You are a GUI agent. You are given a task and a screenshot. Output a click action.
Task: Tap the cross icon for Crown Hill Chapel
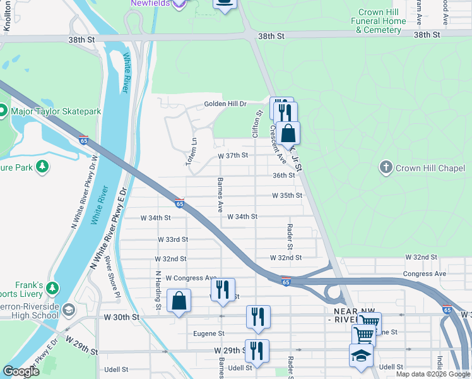point(386,167)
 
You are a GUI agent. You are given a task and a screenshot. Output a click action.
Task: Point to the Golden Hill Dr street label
point(225,104)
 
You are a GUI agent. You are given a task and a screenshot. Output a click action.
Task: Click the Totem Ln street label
point(192,152)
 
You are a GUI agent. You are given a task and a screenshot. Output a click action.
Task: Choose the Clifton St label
point(257,124)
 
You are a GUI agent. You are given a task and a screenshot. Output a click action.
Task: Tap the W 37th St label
point(233,155)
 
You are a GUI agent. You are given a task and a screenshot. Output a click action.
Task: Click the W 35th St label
point(287,196)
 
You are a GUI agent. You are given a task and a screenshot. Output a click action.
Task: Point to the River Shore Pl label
point(112,276)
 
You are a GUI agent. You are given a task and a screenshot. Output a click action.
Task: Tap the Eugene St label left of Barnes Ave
point(212,334)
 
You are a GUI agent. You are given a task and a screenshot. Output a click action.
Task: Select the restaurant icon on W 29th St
point(257,350)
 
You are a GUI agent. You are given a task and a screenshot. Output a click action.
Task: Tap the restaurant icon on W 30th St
point(258,316)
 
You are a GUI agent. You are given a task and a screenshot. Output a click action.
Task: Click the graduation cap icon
point(361,354)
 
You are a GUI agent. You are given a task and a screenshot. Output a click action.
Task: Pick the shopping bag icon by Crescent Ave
point(288,133)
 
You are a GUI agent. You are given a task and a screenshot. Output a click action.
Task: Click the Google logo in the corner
point(21,371)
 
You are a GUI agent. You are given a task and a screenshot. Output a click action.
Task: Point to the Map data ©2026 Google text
point(432,374)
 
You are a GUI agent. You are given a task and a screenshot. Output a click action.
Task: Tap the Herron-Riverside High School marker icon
point(69,309)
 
